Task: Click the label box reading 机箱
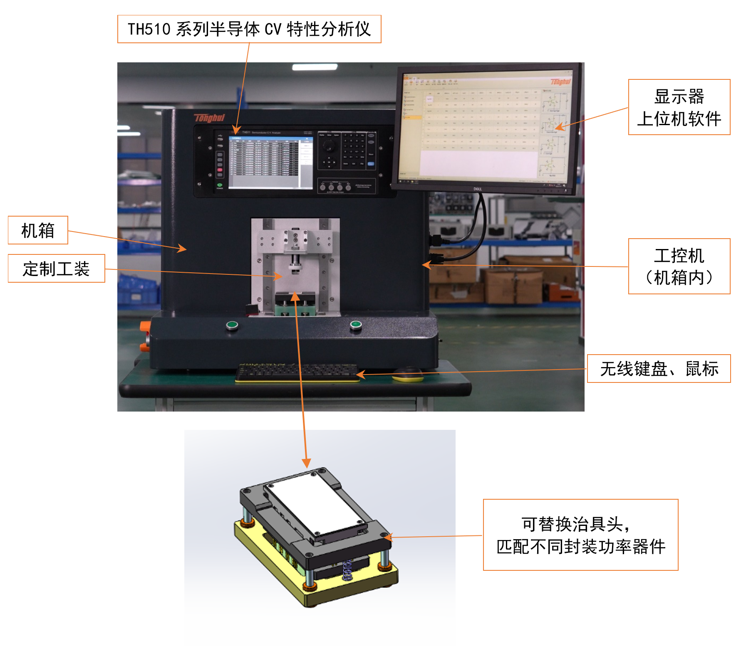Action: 38,230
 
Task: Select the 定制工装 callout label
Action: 56,269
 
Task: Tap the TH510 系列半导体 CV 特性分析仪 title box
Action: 249,29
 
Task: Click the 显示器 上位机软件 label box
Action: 679,107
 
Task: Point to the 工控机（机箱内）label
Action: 679,266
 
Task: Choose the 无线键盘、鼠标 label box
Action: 659,369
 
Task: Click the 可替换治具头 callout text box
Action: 580,535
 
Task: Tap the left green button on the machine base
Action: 232,325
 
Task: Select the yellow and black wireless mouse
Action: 408,374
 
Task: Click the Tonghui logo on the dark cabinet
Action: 209,118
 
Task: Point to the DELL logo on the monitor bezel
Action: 478,189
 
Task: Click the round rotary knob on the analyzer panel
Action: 329,146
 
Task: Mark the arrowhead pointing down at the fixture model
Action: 306,463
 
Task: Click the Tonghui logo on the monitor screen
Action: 560,82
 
